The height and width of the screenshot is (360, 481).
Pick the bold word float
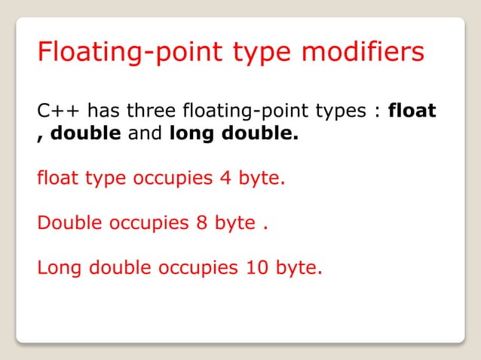(412, 111)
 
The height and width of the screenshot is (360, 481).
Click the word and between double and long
(142, 137)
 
